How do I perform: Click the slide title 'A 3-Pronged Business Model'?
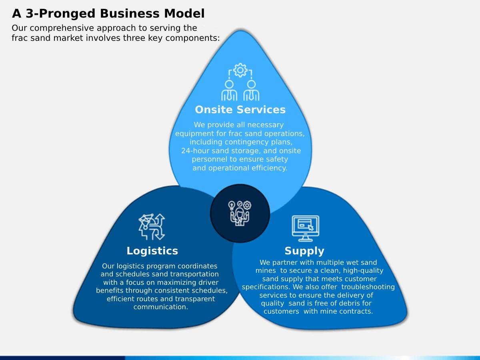tap(108, 14)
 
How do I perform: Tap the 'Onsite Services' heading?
tap(240, 110)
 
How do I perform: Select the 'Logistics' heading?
tap(152, 251)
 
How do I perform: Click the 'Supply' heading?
tap(304, 251)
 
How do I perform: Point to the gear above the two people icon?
tap(240, 70)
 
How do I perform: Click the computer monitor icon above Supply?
tap(305, 228)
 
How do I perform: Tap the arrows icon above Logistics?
tap(152, 226)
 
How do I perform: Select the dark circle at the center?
tap(240, 213)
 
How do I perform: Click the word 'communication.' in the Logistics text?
tap(160, 307)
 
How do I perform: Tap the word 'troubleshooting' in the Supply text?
tap(368, 287)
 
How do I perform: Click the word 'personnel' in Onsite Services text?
tap(209, 159)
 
